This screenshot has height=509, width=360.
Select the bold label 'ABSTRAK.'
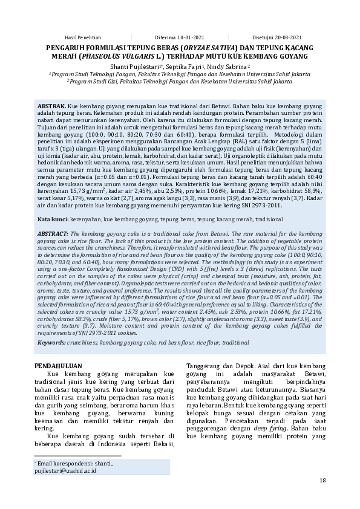tap(52, 105)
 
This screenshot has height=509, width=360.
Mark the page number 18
tap(322, 481)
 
